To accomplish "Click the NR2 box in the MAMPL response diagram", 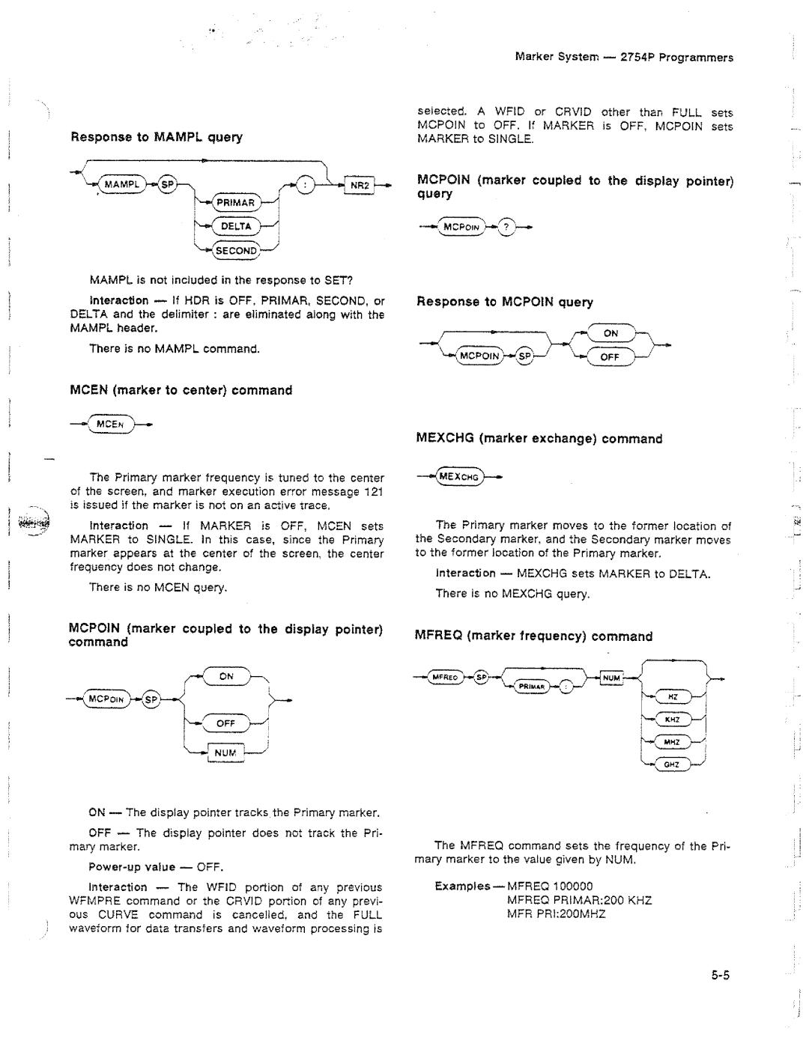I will coord(357,185).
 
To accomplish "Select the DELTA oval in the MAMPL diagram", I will coord(236,226).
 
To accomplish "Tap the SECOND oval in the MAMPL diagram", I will coord(236,250).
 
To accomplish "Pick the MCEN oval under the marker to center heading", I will coord(109,424).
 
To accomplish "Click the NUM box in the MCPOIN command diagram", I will coord(225,752).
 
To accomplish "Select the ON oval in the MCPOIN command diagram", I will coord(226,676).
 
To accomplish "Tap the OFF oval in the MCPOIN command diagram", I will coord(226,723).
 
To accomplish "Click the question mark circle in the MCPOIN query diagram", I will coord(506,227).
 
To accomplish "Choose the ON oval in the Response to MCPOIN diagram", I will coord(611,333).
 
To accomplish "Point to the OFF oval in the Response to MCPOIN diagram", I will coord(610,357).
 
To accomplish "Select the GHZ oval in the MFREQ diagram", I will coord(672,764).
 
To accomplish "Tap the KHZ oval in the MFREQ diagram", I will coord(672,719).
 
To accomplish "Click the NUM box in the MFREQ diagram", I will coord(612,678).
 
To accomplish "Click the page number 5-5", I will coord(721,975).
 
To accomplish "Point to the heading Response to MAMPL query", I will coord(157,137).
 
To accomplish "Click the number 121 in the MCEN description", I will coord(373,492).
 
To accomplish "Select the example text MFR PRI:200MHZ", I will coord(556,913).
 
